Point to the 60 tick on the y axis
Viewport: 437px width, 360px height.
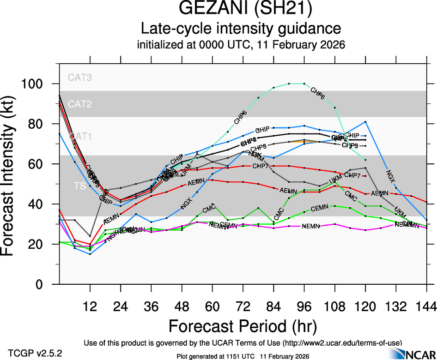38,164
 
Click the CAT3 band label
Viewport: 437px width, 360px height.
80,78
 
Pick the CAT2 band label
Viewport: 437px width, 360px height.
80,104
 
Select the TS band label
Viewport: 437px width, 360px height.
80,185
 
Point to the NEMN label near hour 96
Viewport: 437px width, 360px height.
310,226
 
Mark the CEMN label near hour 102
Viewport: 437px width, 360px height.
319,209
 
